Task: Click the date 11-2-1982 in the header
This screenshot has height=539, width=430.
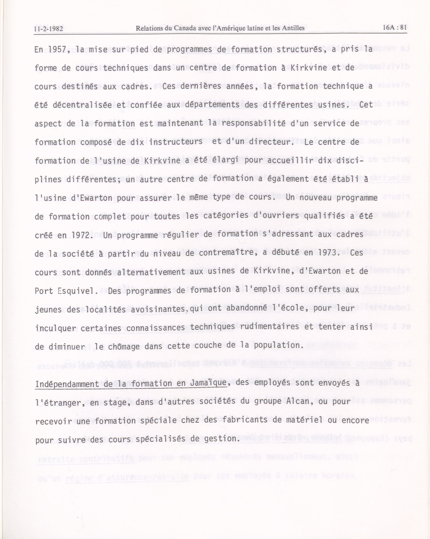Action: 49,29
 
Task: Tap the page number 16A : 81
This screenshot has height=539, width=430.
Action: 395,27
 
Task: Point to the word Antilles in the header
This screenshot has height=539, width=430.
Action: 293,28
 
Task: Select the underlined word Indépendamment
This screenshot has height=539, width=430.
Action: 67,384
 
